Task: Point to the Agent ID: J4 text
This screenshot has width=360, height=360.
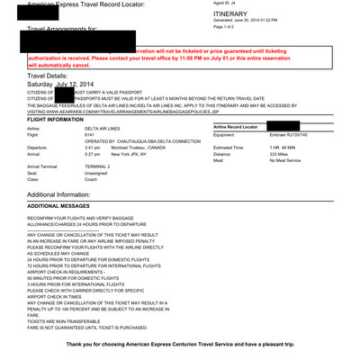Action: [229, 4]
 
